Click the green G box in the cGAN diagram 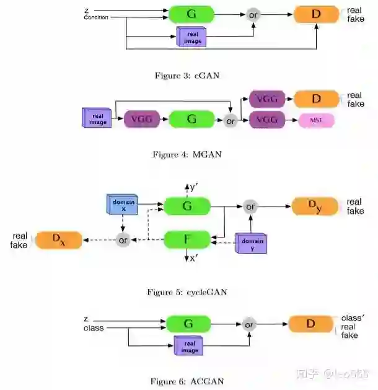pyautogui.click(x=191, y=14)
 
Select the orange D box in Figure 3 pyautogui.click(x=316, y=14)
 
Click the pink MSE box pyautogui.click(x=316, y=120)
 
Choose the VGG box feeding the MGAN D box pyautogui.click(x=267, y=99)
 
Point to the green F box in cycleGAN pyautogui.click(x=187, y=239)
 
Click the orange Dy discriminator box pyautogui.click(x=315, y=206)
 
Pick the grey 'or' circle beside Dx pyautogui.click(x=123, y=240)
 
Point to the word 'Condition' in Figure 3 pyautogui.click(x=96, y=17)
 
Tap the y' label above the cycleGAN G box pyautogui.click(x=193, y=186)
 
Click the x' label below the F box pyautogui.click(x=193, y=258)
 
